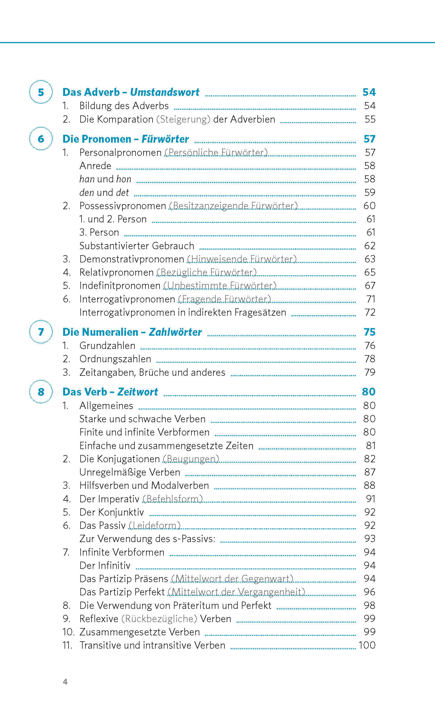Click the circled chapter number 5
41,92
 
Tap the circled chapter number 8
41,392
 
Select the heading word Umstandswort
165,92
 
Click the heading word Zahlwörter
175,332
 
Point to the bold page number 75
369,332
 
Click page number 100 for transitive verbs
367,645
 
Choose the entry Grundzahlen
107,346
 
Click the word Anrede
95,166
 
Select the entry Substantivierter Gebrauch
137,246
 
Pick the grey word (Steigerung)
183,120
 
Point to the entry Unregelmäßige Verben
130,472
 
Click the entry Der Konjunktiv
112,512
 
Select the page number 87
369,472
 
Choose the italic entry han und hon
105,179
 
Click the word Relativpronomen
116,272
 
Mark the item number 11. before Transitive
67,645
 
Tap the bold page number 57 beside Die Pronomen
369,139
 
